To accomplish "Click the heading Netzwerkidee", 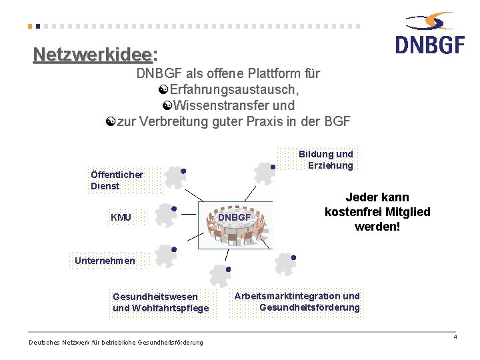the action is (x=93, y=53).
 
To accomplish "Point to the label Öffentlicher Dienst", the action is (x=117, y=180).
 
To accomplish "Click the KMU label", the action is (x=121, y=217).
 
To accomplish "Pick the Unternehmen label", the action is (x=105, y=261).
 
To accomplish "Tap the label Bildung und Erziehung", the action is (x=326, y=159).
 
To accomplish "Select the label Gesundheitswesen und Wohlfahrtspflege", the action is (x=161, y=302).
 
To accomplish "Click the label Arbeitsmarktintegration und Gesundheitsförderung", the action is (x=297, y=301).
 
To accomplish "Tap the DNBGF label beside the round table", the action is (x=234, y=217).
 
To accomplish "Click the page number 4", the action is (x=455, y=337).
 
